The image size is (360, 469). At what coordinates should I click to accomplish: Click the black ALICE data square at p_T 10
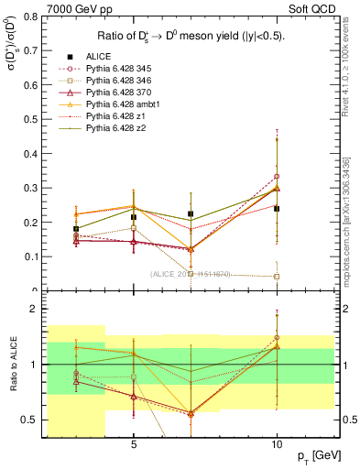tap(277, 209)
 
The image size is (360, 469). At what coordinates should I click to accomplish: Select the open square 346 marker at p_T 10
tap(277, 277)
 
